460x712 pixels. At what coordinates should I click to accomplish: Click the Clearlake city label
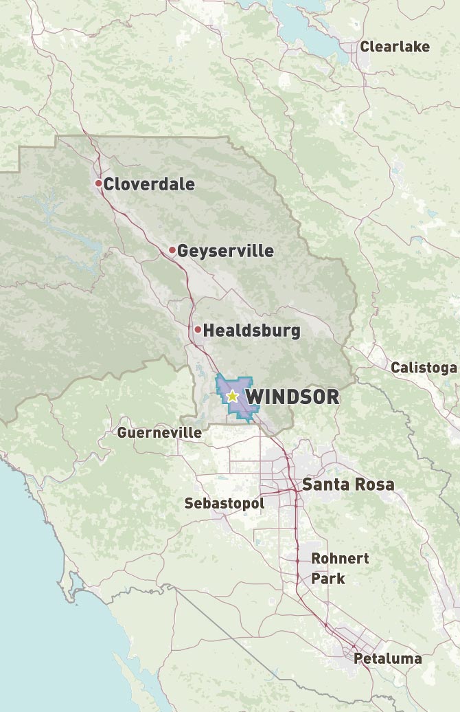(395, 47)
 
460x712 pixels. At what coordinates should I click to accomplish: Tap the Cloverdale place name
(149, 184)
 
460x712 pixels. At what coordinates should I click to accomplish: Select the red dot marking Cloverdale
(99, 183)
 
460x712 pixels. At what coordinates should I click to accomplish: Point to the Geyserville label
(225, 252)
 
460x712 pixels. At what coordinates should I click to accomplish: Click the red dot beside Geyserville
(172, 250)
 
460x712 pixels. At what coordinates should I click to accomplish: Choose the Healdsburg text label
(252, 331)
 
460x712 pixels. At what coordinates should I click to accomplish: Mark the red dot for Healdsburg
(198, 330)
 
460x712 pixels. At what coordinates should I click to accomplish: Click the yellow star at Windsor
(232, 396)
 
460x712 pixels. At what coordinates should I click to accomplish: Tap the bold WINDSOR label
(292, 397)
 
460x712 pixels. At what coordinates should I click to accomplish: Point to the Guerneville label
(159, 433)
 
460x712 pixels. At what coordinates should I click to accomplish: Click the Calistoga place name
(424, 368)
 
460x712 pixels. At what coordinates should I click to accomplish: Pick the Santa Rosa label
(349, 485)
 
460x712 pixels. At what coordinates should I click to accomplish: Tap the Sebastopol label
(224, 504)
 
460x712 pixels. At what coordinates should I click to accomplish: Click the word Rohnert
(341, 558)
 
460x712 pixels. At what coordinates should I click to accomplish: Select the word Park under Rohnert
(328, 579)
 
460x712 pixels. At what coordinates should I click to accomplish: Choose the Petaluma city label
(388, 658)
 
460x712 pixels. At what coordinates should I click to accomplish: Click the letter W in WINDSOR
(253, 397)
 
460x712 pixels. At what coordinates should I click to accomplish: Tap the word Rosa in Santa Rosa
(375, 485)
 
